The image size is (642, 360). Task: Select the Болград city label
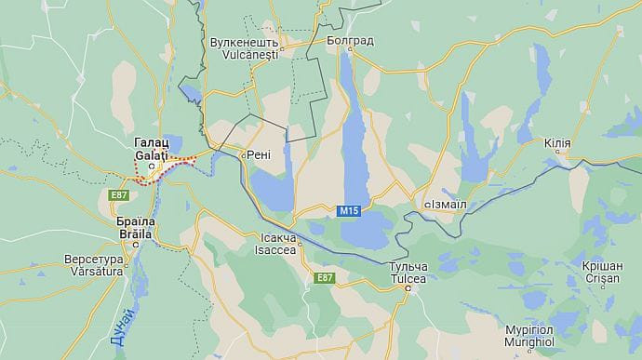click(x=350, y=41)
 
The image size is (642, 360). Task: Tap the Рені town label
click(x=258, y=154)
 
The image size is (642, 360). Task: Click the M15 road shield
click(x=349, y=212)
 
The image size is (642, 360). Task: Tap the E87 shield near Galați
click(x=118, y=194)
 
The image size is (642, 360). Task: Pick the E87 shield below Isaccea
click(x=324, y=277)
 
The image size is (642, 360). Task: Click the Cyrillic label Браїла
click(x=133, y=223)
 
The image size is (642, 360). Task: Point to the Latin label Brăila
click(x=133, y=235)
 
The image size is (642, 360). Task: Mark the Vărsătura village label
click(x=93, y=271)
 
